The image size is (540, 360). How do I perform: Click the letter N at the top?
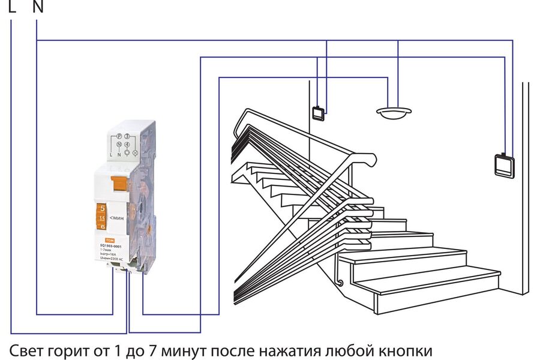[x=37, y=7]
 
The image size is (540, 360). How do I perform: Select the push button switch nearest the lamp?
[x=318, y=112]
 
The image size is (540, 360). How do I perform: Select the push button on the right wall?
[x=505, y=164]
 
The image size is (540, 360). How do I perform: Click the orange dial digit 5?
[x=102, y=208]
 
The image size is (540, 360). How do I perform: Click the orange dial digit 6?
[x=102, y=227]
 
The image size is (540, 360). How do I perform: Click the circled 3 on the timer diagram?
[x=127, y=137]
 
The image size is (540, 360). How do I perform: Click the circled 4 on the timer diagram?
[x=127, y=145]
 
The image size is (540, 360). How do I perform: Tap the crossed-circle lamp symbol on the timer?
[x=135, y=153]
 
